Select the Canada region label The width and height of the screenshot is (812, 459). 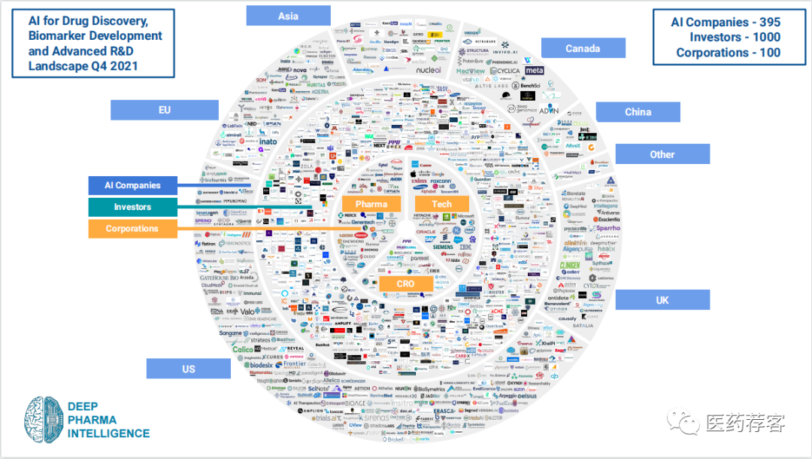(x=583, y=49)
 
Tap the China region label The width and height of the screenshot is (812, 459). (x=638, y=112)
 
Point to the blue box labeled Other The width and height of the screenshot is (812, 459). (x=662, y=154)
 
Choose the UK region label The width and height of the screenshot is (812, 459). (x=662, y=300)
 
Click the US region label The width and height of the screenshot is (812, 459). (x=188, y=369)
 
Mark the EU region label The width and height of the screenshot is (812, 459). (x=164, y=110)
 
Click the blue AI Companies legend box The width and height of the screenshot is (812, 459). (x=132, y=185)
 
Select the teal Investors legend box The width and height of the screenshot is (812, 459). (x=132, y=207)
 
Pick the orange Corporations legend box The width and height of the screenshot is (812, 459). (x=132, y=229)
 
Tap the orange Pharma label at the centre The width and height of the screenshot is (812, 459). (x=371, y=204)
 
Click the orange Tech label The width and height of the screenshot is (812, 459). (x=442, y=204)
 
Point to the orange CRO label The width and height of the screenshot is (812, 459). (x=406, y=283)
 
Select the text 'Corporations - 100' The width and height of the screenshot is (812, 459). (x=728, y=53)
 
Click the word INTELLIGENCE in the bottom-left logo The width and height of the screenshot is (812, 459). (x=108, y=433)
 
